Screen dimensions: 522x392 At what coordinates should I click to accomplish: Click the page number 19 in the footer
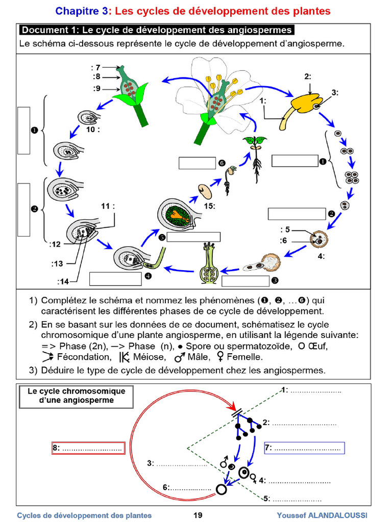click(x=198, y=515)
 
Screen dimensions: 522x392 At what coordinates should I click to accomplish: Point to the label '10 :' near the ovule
click(x=93, y=129)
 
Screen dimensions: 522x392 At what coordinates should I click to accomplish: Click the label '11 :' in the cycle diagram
click(x=108, y=206)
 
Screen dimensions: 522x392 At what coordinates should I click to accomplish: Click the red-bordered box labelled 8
click(x=88, y=448)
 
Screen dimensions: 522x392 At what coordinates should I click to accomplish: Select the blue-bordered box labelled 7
click(x=304, y=448)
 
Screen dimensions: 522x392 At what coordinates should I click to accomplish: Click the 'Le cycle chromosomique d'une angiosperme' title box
click(x=76, y=396)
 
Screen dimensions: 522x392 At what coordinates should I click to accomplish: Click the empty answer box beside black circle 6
click(x=197, y=163)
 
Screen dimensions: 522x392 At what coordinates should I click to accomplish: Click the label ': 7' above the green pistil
click(x=96, y=67)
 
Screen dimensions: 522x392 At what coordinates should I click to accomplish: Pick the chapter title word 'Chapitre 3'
click(x=82, y=11)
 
